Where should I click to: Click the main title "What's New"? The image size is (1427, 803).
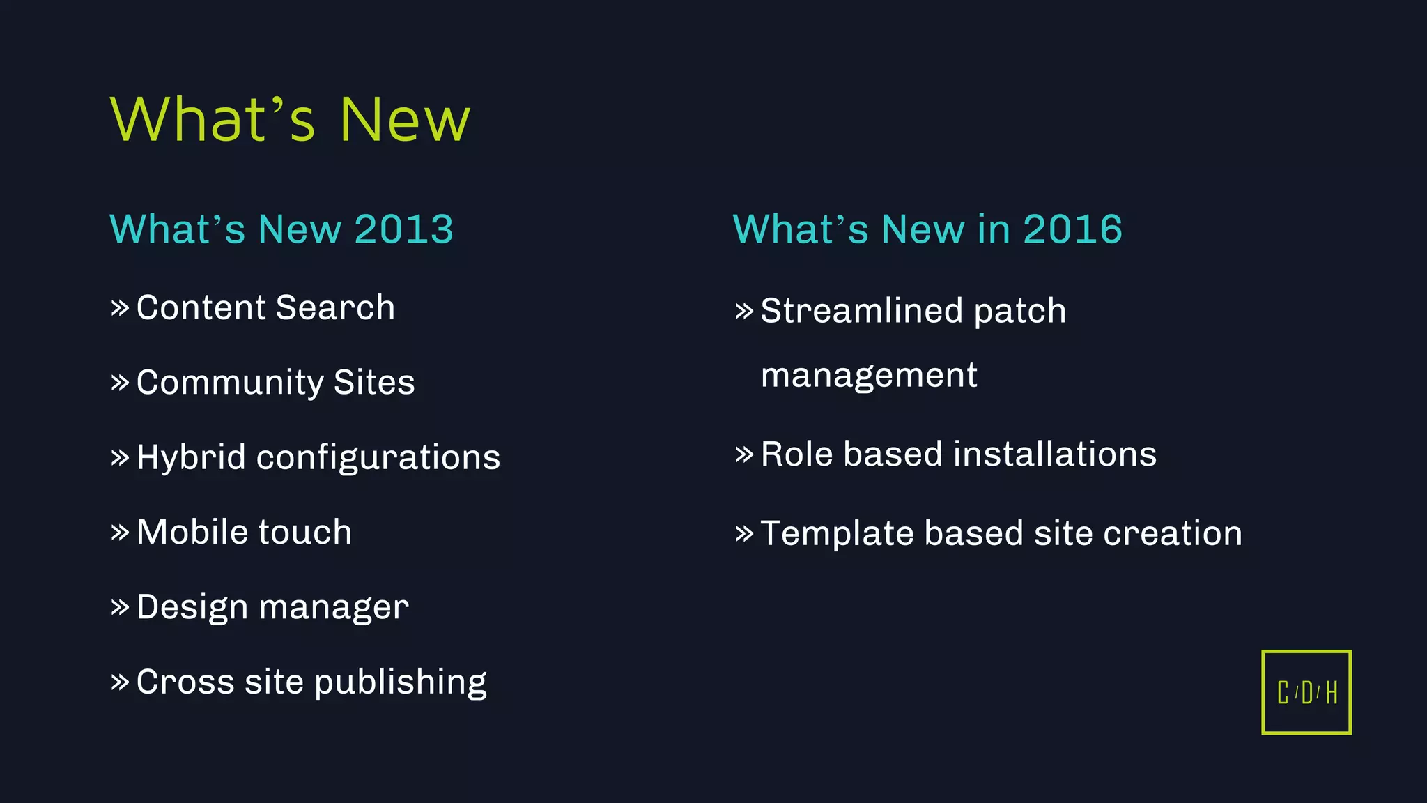click(290, 120)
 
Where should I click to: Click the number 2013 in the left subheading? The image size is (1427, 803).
click(403, 229)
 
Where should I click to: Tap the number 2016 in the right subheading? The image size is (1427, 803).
click(1072, 229)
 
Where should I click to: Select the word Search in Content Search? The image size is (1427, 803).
click(335, 308)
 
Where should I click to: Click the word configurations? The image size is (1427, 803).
click(378, 459)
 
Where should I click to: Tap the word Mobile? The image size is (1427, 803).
click(192, 533)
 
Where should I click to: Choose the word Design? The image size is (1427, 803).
click(192, 607)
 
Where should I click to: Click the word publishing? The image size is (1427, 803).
click(401, 682)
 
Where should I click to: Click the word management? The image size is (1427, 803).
click(869, 376)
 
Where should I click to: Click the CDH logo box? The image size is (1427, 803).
click(1306, 692)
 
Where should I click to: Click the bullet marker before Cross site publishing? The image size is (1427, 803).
click(120, 682)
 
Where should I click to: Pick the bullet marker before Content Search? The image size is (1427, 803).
click(120, 307)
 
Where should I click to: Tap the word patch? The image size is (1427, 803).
click(1019, 312)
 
